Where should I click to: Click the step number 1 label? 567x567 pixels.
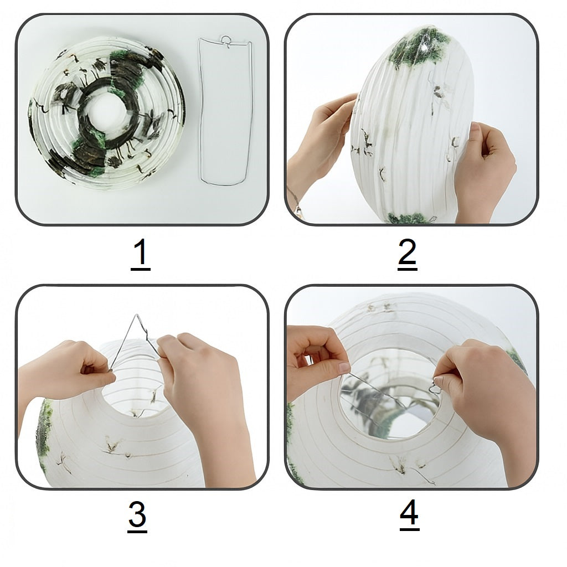(140, 255)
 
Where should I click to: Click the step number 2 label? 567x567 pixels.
(407, 255)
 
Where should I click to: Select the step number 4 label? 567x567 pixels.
(409, 515)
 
